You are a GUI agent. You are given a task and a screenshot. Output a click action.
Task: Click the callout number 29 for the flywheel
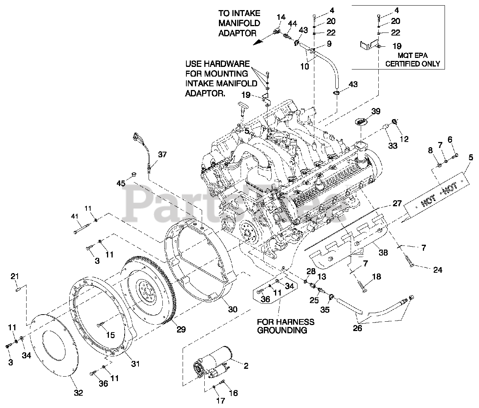(181, 330)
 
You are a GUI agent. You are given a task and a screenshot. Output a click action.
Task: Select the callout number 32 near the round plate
(78, 393)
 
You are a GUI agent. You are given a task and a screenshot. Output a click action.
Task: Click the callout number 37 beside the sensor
(162, 154)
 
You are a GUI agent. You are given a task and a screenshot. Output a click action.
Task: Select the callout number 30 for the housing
(232, 309)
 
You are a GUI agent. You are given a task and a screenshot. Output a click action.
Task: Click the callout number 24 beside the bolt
(437, 270)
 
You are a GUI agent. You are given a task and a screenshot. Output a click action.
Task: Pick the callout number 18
(376, 277)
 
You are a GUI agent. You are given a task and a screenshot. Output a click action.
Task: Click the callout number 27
(397, 203)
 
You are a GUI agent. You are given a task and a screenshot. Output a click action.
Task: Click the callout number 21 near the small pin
(14, 276)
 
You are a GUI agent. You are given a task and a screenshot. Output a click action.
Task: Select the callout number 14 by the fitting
(281, 17)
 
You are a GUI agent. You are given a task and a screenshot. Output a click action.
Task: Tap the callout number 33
(393, 146)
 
